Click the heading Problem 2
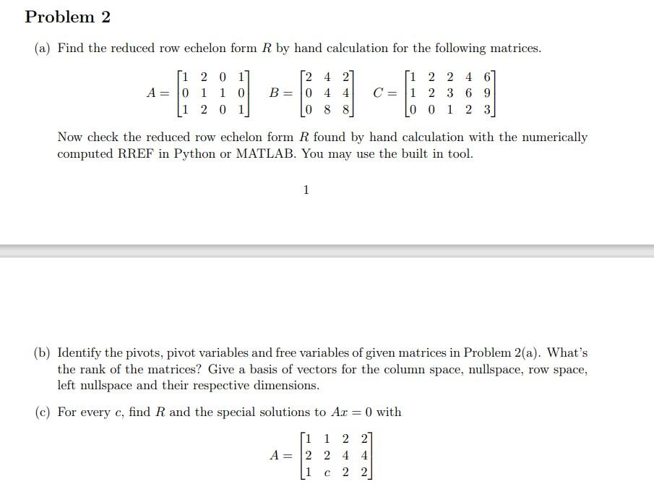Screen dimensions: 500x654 pyautogui.click(x=67, y=17)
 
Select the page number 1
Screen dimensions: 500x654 pyautogui.click(x=306, y=190)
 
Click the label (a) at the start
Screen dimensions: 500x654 pyautogui.click(x=43, y=48)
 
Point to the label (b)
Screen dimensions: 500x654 pyautogui.click(x=43, y=353)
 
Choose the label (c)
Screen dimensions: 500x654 pyautogui.click(x=43, y=412)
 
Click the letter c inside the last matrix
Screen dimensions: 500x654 pyautogui.click(x=327, y=473)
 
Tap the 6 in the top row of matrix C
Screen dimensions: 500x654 pyautogui.click(x=489, y=76)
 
